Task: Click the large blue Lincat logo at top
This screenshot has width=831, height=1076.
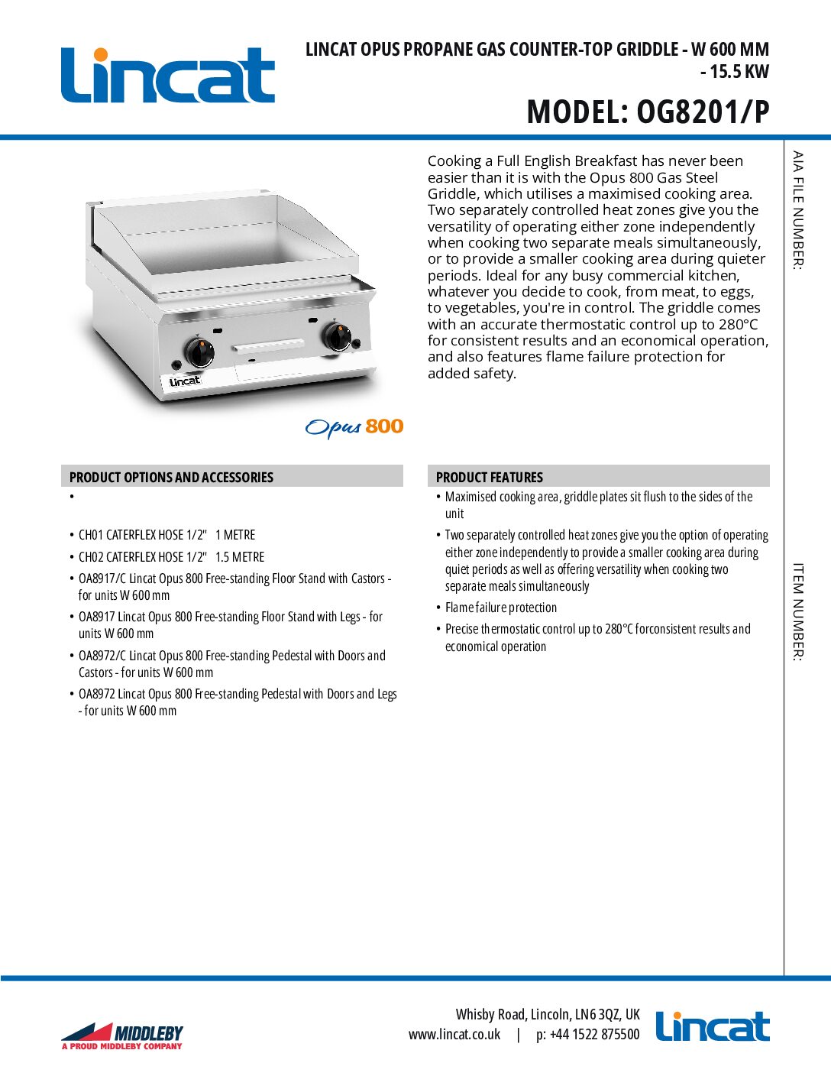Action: click(167, 76)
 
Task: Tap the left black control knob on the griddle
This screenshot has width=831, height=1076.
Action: click(199, 352)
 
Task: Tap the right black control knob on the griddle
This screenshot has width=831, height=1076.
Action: click(336, 336)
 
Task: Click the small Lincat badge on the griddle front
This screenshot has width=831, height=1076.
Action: click(185, 381)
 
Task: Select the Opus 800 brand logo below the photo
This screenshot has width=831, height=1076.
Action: click(354, 427)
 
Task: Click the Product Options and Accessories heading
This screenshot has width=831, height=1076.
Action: click(171, 477)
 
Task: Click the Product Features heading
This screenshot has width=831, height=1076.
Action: click(490, 477)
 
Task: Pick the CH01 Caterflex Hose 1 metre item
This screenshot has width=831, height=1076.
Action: click(167, 535)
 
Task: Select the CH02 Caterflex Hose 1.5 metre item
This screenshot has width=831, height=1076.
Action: click(171, 557)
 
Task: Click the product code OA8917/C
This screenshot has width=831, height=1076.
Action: click(102, 579)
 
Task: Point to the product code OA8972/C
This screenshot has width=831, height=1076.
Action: click(102, 656)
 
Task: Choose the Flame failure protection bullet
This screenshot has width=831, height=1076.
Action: click(501, 608)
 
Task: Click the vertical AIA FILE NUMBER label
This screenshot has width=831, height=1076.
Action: click(798, 210)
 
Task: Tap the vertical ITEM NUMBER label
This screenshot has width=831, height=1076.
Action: click(798, 611)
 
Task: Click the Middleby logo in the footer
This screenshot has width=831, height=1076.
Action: click(122, 1035)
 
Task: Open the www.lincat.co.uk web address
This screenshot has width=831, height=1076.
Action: click(454, 1035)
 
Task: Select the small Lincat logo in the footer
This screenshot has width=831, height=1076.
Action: click(713, 1026)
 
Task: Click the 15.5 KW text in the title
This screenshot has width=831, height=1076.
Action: click(739, 72)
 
